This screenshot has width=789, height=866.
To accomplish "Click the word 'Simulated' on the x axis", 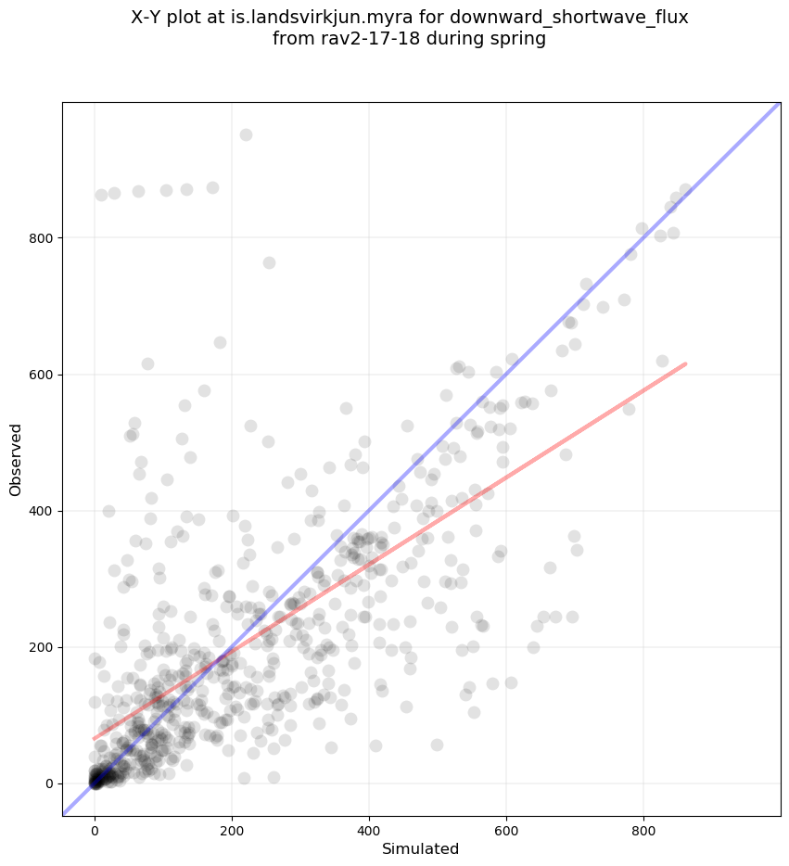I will [x=421, y=848].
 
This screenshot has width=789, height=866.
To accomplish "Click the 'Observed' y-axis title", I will [x=16, y=460].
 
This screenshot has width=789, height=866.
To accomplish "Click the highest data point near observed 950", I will [x=246, y=134].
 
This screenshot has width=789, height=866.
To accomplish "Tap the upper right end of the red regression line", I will [x=685, y=363].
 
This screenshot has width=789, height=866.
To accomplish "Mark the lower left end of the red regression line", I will [x=95, y=739].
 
